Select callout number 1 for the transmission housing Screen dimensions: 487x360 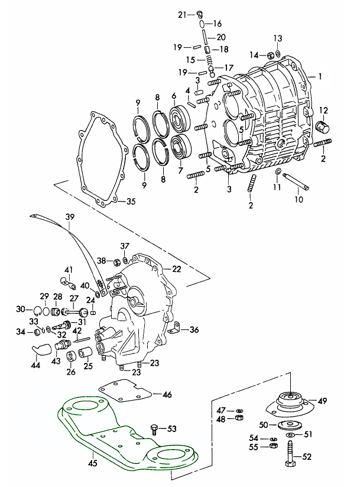point(320,77)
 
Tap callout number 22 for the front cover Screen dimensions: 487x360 point(176,269)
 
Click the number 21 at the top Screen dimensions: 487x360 point(181,14)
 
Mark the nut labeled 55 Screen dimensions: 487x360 point(274,446)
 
